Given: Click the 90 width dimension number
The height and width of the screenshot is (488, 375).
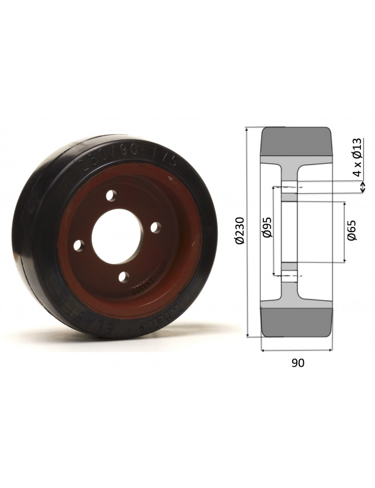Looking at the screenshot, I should [297, 363].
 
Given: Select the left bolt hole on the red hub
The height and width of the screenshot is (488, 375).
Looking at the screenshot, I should [78, 245].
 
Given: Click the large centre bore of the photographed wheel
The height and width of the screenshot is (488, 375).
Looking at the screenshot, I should [116, 235].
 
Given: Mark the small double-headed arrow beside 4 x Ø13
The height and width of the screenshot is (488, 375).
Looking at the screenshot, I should [362, 187].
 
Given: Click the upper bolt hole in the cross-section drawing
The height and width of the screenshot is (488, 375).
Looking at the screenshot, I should [289, 188].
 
